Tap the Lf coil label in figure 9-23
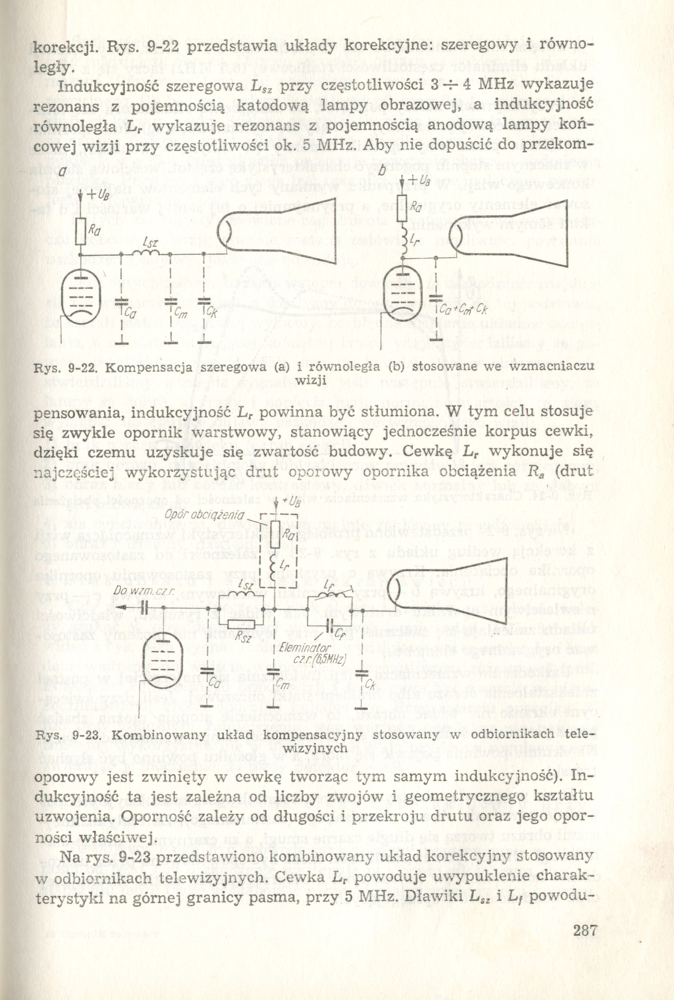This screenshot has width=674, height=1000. [330, 584]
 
